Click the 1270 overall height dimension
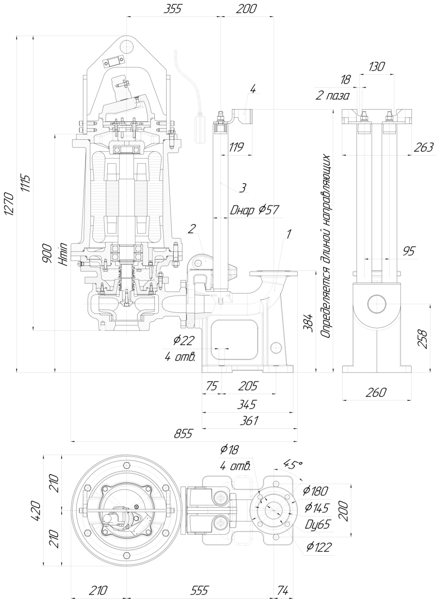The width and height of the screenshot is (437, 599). [x=8, y=203]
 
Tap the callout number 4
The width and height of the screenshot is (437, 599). [x=253, y=89]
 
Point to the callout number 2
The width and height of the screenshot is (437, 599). [x=191, y=229]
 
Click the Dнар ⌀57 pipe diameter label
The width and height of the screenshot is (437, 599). [x=254, y=210]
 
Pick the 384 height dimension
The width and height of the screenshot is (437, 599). [x=309, y=322]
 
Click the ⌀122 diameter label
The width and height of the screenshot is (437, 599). [x=319, y=548]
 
